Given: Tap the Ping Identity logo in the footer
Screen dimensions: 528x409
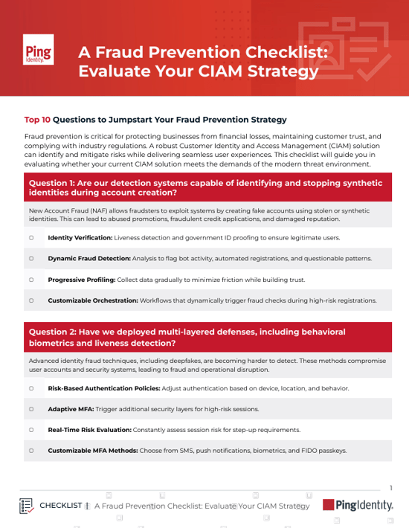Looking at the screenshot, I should (x=358, y=505).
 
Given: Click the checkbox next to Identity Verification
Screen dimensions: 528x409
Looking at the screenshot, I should (x=31, y=238).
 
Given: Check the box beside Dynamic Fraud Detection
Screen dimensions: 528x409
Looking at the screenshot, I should (x=31, y=259).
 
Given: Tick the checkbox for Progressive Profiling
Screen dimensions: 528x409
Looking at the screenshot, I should (x=31, y=280).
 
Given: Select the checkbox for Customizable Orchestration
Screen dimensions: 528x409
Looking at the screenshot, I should (x=31, y=301).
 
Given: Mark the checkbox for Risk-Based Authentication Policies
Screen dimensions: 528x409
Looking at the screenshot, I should (x=31, y=388).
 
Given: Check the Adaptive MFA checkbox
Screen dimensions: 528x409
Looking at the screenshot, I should (x=31, y=409).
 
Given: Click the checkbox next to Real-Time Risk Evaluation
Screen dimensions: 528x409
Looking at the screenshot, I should (x=31, y=430).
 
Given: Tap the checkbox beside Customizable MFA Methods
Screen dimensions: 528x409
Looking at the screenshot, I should (x=31, y=451).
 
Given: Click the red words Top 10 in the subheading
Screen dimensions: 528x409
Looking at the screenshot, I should (x=37, y=119).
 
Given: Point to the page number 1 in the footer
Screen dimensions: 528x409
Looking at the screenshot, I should (x=391, y=488).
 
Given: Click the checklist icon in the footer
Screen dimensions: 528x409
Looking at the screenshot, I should (x=27, y=506).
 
